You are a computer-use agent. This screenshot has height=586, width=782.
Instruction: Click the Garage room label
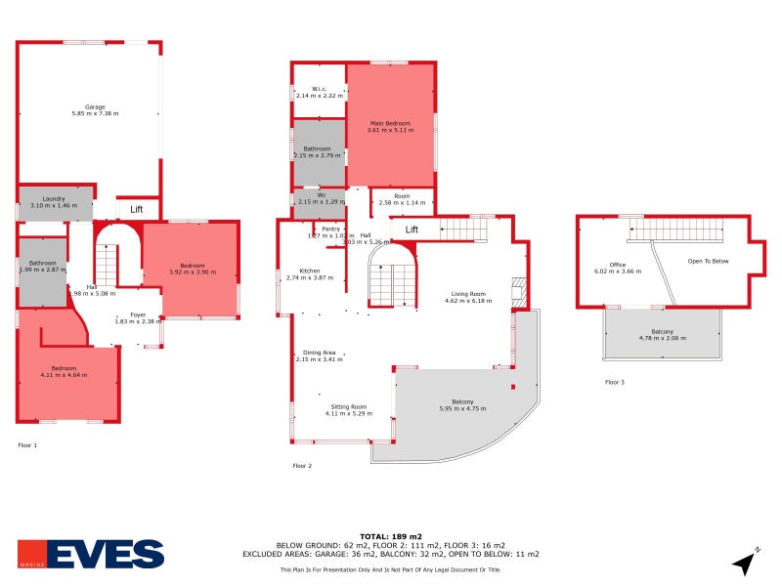tap(95, 106)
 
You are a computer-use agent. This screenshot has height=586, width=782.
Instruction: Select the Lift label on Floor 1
tap(137, 209)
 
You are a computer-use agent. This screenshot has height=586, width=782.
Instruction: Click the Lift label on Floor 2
tap(412, 230)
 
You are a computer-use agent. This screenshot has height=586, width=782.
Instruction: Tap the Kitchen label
tap(310, 271)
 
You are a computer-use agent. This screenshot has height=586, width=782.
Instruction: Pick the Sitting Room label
tap(348, 406)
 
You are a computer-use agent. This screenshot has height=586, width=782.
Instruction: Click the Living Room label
tap(467, 294)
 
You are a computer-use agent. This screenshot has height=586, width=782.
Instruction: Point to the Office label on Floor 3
tap(617, 265)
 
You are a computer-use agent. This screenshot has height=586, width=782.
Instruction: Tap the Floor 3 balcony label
tap(662, 333)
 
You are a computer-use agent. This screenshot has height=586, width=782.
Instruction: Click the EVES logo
tap(91, 554)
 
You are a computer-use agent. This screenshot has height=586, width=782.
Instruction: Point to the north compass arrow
tap(746, 563)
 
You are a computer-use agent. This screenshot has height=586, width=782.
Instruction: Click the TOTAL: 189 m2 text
tap(391, 537)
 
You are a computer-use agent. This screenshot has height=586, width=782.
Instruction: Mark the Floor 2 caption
tap(302, 466)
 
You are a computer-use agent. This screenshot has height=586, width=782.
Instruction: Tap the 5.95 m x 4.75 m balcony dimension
tap(462, 408)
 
